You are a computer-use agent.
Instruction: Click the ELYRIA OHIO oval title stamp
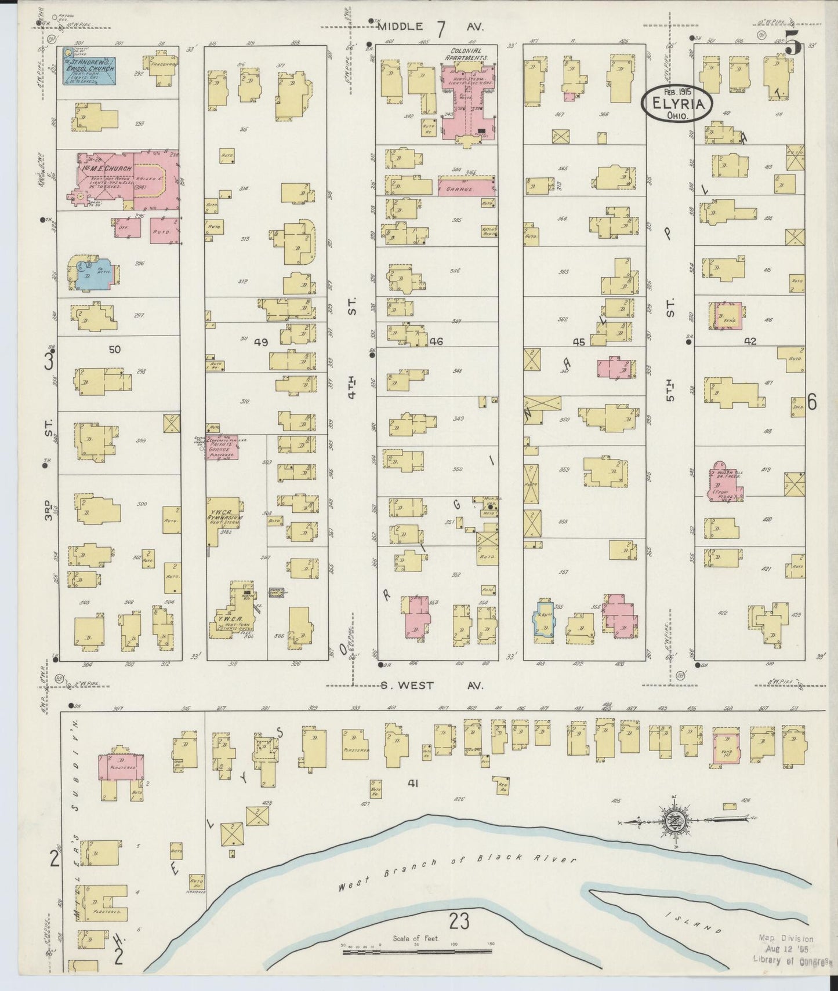[674, 104]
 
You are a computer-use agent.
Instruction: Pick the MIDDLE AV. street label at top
[429, 27]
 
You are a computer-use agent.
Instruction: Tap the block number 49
[260, 343]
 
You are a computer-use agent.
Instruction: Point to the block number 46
[436, 342]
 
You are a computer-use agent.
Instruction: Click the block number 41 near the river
[412, 784]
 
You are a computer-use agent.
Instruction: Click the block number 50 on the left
[114, 349]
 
